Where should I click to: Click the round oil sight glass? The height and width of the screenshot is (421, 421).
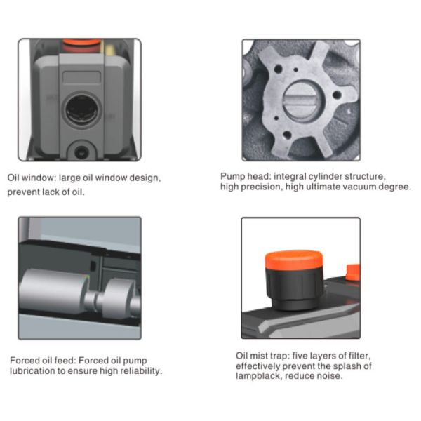click(x=81, y=110)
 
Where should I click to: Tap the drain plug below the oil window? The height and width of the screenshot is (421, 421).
click(x=80, y=152)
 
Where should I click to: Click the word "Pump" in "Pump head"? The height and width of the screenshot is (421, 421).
click(x=232, y=176)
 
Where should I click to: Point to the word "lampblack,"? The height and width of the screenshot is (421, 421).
click(x=259, y=375)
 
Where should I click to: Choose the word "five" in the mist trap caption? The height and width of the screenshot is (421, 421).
click(x=300, y=356)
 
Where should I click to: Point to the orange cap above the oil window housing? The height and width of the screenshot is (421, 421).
click(x=81, y=44)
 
